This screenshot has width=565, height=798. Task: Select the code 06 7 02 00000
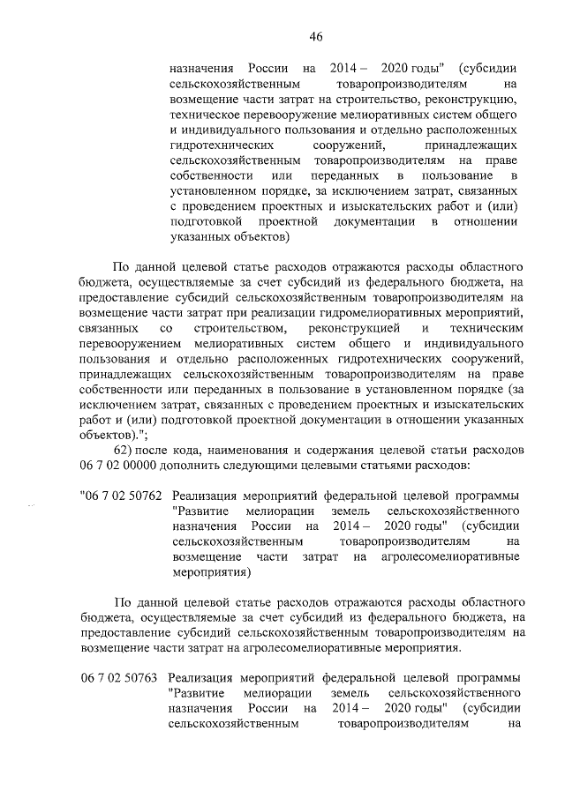point(122,464)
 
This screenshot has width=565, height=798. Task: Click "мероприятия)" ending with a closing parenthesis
point(211,574)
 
